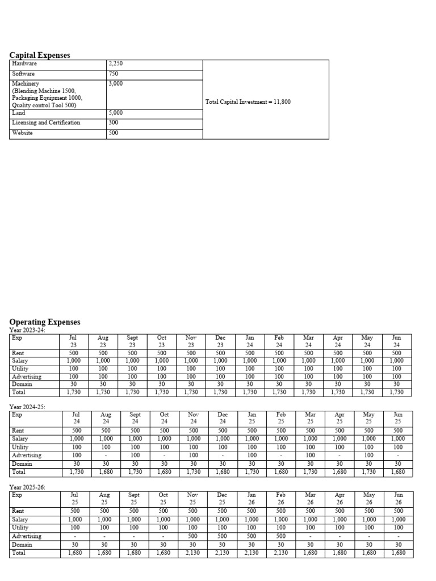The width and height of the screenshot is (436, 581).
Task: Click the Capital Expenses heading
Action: [40, 55]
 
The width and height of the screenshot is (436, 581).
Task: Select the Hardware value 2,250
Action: [115, 64]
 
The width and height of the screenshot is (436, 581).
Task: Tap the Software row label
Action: [23, 74]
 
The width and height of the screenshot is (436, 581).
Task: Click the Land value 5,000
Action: [115, 113]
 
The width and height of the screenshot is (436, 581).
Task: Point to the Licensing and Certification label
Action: [46, 123]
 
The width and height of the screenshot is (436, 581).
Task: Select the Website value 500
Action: [113, 133]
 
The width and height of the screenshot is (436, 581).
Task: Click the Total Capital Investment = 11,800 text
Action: [249, 102]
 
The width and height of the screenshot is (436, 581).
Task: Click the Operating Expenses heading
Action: [45, 322]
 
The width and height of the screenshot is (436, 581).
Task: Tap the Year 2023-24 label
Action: [28, 330]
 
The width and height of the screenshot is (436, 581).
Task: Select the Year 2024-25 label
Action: [28, 407]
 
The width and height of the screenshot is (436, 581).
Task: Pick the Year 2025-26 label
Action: [28, 487]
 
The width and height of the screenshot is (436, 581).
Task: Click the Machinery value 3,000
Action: [115, 83]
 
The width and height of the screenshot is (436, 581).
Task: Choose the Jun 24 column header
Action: [397, 340]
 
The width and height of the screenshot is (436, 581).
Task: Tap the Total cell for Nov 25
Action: [192, 553]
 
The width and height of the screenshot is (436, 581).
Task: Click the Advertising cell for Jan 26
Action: [251, 536]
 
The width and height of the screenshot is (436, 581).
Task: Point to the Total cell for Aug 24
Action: [103, 472]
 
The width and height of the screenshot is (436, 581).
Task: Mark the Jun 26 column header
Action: [397, 498]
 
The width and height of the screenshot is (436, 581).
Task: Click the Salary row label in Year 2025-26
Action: [20, 520]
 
